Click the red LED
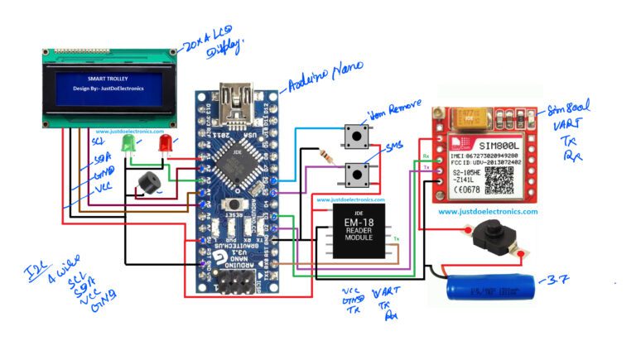165,146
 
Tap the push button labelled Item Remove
358,136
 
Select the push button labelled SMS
358,173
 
